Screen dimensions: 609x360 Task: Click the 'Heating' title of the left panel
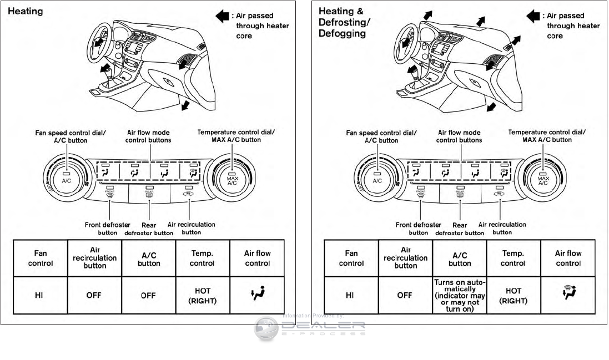pos(26,11)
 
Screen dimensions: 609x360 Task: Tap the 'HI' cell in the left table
pos(41,295)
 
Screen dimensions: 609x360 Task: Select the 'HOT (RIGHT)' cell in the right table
pos(513,296)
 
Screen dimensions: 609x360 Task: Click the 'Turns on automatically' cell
pos(459,296)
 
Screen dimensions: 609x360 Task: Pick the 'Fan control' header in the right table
pos(351,258)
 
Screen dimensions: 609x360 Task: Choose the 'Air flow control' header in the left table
pos(257,258)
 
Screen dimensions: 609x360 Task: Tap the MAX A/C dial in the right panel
pos(542,179)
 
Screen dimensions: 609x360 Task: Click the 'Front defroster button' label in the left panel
pos(108,229)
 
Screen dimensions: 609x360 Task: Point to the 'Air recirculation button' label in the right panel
pos(502,228)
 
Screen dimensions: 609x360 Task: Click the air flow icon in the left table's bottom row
pos(257,295)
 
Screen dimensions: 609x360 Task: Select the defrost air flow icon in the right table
pos(568,295)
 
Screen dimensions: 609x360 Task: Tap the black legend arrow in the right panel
pos(533,16)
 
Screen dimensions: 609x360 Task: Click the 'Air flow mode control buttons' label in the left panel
pos(148,136)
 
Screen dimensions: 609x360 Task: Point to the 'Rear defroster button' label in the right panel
pos(459,229)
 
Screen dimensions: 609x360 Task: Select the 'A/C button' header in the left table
pos(148,258)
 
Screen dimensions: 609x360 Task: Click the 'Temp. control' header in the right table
pos(513,258)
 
